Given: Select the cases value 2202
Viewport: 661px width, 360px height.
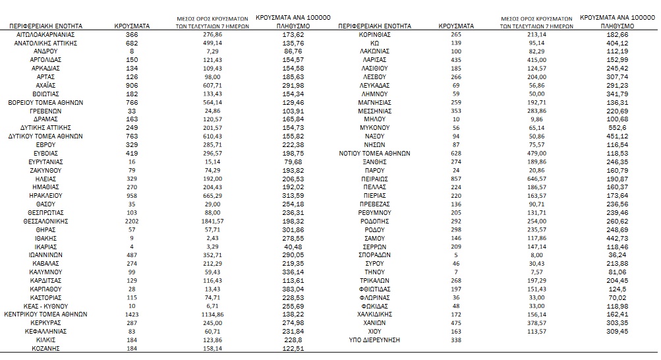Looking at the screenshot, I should (x=132, y=221).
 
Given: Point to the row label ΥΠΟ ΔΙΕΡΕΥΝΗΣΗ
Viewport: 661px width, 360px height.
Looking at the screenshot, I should (x=374, y=340).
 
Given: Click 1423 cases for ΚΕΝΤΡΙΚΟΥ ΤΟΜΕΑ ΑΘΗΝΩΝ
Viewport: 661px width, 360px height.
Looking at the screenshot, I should (x=132, y=315).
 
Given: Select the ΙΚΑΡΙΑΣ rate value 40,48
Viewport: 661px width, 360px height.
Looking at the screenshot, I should (x=293, y=247).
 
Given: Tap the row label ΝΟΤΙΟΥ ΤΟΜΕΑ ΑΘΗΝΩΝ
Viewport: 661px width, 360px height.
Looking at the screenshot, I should (x=374, y=153).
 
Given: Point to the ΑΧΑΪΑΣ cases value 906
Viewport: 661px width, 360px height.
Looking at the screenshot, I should (x=132, y=84).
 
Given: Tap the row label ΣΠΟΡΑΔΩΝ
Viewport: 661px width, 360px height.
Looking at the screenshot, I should (x=374, y=255).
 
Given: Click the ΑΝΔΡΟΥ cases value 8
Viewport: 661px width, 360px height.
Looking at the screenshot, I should (x=132, y=51).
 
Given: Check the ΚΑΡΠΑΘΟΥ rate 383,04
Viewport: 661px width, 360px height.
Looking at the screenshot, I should (x=293, y=289).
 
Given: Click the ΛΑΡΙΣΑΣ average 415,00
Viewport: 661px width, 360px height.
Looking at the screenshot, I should (x=519, y=59).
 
